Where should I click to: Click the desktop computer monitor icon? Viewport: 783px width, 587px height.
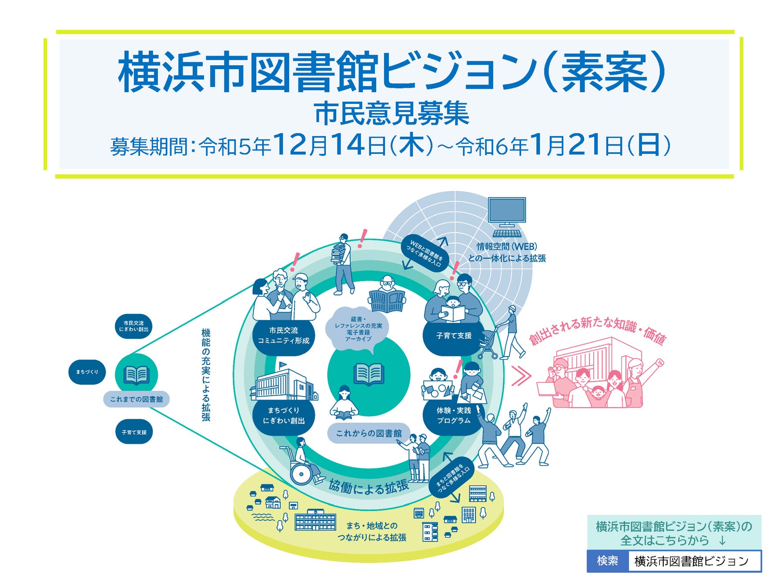point(507,211)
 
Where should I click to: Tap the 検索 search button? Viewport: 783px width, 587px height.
point(607,561)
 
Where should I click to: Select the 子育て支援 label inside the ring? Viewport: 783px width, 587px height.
point(454,336)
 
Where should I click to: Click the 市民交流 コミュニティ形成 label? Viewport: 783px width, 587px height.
point(284,336)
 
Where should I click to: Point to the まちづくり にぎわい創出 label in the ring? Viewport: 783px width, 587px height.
point(284,416)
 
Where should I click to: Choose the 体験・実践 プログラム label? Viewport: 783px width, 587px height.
point(454,416)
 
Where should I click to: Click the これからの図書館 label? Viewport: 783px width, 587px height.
point(369,434)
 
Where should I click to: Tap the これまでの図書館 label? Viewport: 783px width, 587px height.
point(136,399)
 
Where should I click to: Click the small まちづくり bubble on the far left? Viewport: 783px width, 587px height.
point(87,372)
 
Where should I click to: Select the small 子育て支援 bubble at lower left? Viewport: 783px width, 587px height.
point(134,432)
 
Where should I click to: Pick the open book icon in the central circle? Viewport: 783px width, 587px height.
point(368,374)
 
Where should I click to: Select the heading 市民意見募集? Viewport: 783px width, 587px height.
point(391,114)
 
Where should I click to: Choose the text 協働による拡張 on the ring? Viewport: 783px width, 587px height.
point(368,487)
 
